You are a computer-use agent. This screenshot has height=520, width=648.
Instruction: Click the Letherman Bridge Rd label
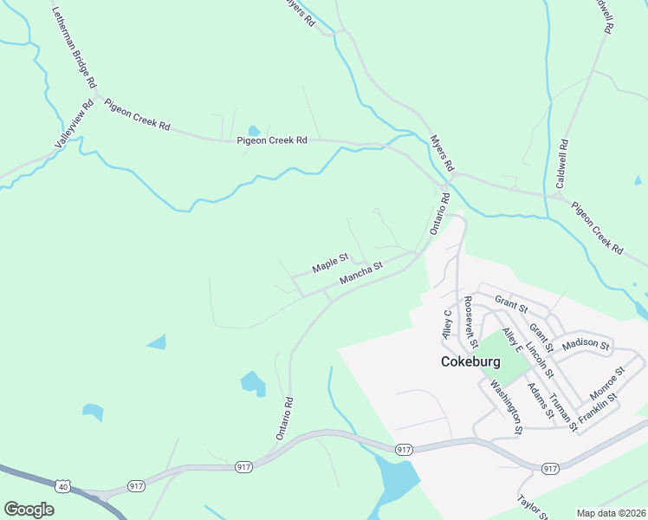click(74, 49)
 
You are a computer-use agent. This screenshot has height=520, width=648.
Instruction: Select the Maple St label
click(330, 263)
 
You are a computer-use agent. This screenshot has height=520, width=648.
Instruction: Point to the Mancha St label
click(361, 274)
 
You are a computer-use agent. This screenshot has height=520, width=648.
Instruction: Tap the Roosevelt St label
click(471, 317)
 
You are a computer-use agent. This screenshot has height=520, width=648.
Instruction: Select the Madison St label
click(586, 345)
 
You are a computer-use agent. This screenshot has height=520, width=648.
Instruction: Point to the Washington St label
click(506, 406)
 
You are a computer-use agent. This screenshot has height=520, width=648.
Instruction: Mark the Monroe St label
click(608, 382)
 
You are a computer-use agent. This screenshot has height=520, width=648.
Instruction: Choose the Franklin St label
click(599, 408)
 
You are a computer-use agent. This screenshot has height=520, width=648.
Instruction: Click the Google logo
click(29, 510)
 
